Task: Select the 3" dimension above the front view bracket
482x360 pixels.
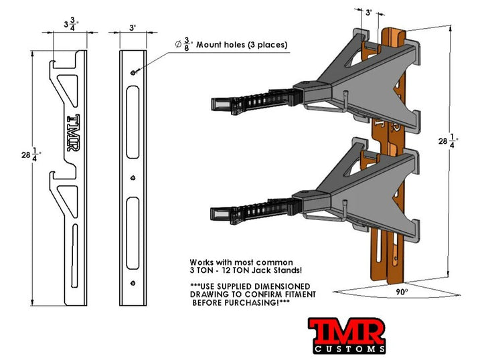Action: click(x=133, y=28)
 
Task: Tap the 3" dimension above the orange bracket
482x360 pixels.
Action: click(x=370, y=11)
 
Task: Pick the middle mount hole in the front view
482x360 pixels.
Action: click(x=133, y=178)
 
